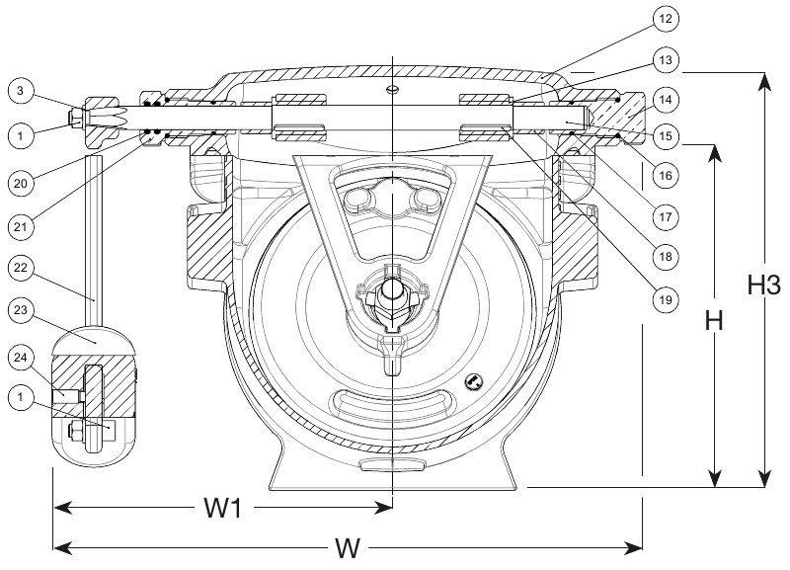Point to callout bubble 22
[21, 267]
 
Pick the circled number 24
[21, 355]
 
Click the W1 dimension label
[226, 509]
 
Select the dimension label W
[348, 546]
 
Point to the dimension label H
[715, 321]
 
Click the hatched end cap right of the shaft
[620, 117]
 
